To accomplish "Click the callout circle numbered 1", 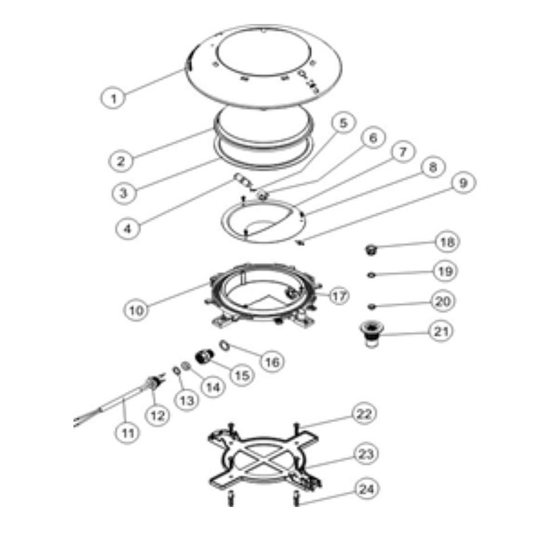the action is pyautogui.click(x=113, y=97).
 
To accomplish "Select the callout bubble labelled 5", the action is pyautogui.click(x=343, y=123).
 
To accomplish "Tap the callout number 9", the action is pyautogui.click(x=463, y=183).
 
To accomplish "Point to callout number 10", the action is pyautogui.click(x=136, y=310).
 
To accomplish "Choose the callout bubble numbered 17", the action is pyautogui.click(x=339, y=296).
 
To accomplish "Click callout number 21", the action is pyautogui.click(x=441, y=331).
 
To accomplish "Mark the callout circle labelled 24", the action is pyautogui.click(x=367, y=489).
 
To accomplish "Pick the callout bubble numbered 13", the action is pyautogui.click(x=187, y=400).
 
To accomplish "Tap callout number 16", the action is pyautogui.click(x=272, y=362).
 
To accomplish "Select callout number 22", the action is pyautogui.click(x=364, y=414).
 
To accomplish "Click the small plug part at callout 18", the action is pyautogui.click(x=371, y=250).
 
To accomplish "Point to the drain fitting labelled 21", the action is pyautogui.click(x=369, y=334).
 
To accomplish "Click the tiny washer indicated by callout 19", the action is pyautogui.click(x=371, y=275).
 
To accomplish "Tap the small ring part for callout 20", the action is pyautogui.click(x=371, y=306).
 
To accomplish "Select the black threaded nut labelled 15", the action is pyautogui.click(x=204, y=356).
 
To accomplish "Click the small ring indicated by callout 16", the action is pyautogui.click(x=224, y=345).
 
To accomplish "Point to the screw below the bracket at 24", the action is pyautogui.click(x=296, y=498).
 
